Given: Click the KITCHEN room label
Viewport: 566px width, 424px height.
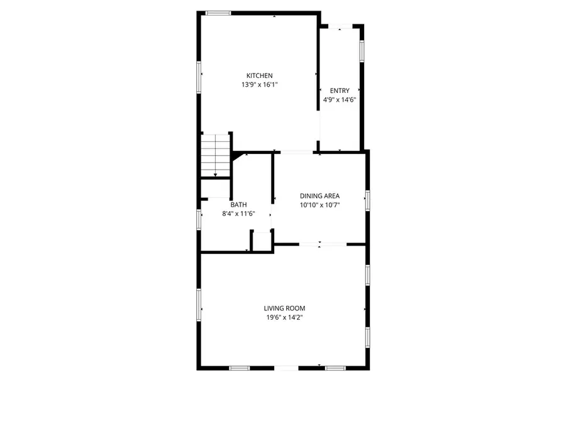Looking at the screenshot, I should tap(259, 76).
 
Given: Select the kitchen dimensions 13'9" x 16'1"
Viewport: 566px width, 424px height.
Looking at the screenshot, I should tap(259, 84).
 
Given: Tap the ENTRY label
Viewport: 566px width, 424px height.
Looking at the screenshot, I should tap(340, 91).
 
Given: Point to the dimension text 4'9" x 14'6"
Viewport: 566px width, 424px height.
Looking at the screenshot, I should tap(340, 99).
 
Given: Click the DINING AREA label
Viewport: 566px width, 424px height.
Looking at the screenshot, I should tap(319, 196).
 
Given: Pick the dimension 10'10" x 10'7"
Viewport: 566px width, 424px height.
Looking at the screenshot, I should tap(319, 204).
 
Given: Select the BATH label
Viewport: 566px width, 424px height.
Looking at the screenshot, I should tap(238, 205).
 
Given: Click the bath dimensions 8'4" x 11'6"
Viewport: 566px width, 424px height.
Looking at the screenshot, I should tap(238, 213).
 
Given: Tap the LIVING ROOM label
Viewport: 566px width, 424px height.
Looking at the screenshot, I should tap(284, 308).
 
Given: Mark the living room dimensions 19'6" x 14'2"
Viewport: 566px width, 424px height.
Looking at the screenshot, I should tap(284, 317).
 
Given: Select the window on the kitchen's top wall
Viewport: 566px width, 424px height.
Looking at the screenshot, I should tap(218, 13).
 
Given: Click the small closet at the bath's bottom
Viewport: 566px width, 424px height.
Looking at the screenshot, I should tap(260, 241).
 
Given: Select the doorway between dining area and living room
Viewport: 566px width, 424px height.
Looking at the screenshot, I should tap(320, 244).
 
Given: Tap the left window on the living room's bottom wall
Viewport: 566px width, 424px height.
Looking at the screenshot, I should tap(239, 367).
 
